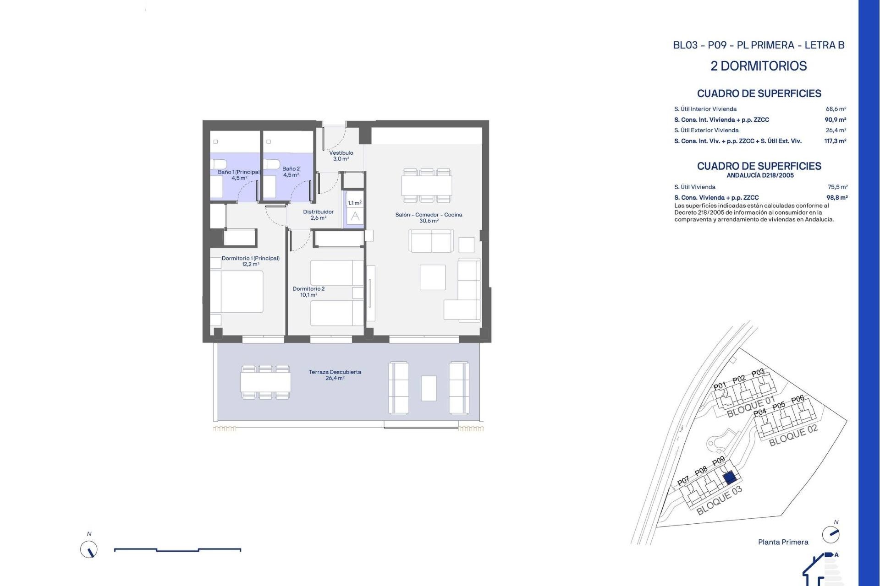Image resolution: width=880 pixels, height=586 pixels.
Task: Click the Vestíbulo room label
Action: tap(341, 156)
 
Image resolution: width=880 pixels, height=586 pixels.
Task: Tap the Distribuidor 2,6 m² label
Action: tap(318, 215)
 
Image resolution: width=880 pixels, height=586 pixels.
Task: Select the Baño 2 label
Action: tap(291, 172)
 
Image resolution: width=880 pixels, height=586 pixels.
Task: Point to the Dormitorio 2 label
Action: tap(308, 292)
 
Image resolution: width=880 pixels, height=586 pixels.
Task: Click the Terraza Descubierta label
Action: tap(335, 375)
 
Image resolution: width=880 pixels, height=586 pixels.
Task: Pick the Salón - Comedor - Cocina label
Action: tap(429, 217)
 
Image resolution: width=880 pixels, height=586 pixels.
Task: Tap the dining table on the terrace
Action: tap(266, 382)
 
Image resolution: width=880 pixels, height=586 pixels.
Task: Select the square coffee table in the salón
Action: tap(432, 277)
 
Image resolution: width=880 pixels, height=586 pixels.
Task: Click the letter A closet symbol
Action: tap(355, 217)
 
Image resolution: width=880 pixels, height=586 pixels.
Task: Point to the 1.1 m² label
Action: tap(354, 203)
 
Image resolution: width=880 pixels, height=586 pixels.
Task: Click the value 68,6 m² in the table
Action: tap(836, 109)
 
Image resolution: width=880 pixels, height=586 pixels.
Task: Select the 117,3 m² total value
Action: tap(835, 141)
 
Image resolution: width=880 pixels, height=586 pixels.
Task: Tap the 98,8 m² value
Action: tap(836, 198)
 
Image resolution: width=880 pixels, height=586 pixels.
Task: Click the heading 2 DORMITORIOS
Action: tap(759, 66)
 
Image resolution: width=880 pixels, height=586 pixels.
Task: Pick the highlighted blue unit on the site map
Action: tap(730, 478)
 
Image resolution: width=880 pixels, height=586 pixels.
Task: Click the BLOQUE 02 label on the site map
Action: tap(793, 435)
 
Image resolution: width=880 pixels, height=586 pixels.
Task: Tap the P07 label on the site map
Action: tap(683, 481)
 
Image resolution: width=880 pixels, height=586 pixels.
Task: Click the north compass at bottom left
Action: tap(89, 549)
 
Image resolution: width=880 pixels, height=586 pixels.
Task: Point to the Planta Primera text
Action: tap(783, 542)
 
